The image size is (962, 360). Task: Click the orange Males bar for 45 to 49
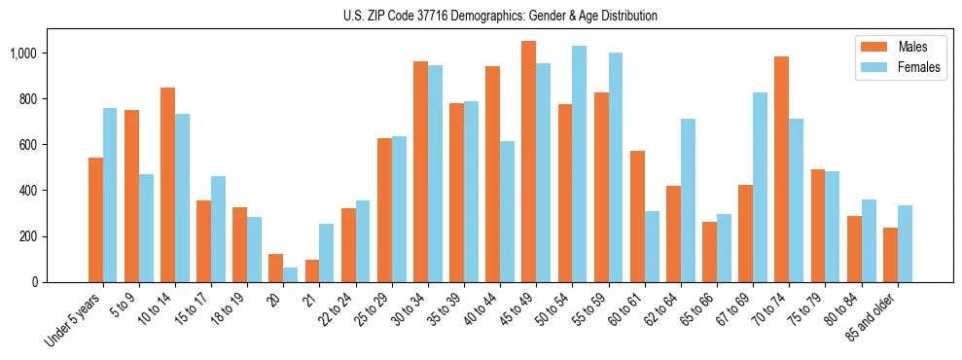(x=528, y=162)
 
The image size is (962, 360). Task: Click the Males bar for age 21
(x=311, y=270)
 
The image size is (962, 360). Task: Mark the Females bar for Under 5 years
(x=110, y=195)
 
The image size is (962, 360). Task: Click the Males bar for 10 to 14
(x=167, y=185)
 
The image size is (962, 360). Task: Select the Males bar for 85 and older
(x=890, y=255)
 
